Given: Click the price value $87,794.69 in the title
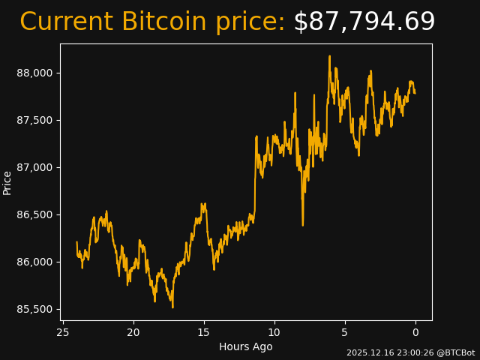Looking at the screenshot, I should [x=364, y=22].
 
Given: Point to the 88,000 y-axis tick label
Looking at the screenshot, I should [x=36, y=73].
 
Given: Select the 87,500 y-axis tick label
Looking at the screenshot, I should [x=36, y=120].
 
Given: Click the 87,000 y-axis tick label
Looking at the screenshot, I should [x=36, y=167].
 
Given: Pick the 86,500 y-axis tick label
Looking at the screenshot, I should [x=36, y=214].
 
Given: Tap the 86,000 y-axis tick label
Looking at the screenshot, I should [x=36, y=262].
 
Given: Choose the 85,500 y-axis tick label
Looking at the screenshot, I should [x=36, y=309].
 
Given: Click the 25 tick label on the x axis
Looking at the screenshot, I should [x=63, y=332].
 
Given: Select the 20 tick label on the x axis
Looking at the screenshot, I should [x=133, y=332].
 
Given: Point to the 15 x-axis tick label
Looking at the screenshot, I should [x=204, y=332].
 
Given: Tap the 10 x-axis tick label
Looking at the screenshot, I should [x=274, y=332].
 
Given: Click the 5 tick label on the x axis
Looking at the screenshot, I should [x=345, y=332].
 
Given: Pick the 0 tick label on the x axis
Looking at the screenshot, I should [x=415, y=332].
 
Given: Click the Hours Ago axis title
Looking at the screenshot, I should [x=245, y=346].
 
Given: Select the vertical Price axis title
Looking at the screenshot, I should [x=7, y=182].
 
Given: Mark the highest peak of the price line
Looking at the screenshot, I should [x=329, y=56].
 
